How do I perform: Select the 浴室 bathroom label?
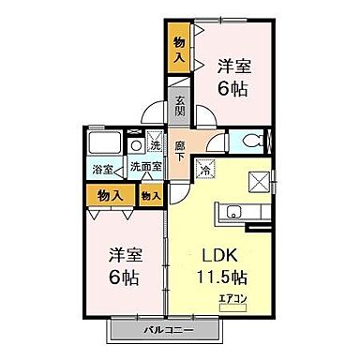coord(100,169)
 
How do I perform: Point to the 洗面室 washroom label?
coord(142,169)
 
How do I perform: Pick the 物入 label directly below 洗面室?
coord(150,195)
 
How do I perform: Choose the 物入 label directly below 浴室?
coord(111,195)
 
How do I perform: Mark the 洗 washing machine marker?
coord(156,145)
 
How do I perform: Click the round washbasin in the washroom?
coord(136,145)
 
